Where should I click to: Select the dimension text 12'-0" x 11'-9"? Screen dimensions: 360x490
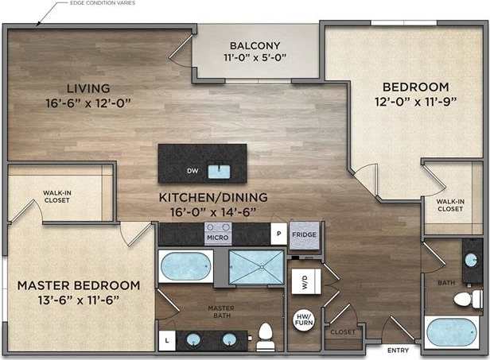tap(416, 101)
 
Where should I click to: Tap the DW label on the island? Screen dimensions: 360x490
tap(192, 171)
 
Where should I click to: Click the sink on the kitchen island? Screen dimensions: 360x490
tap(217, 170)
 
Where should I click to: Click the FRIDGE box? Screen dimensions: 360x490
tap(302, 235)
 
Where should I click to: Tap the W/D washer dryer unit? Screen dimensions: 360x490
tap(304, 281)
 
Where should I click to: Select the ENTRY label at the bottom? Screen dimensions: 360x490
tap(399, 350)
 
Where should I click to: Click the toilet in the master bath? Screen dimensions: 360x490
tap(266, 336)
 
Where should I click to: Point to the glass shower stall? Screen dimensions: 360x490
tap(256, 266)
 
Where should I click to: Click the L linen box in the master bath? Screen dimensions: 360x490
tap(166, 340)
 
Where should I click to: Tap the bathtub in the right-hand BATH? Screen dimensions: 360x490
tap(453, 332)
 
